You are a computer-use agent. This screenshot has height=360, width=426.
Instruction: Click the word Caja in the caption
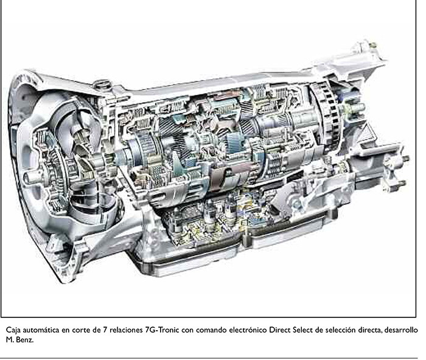(x=13, y=330)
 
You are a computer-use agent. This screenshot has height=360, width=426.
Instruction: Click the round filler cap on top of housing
(x=102, y=85)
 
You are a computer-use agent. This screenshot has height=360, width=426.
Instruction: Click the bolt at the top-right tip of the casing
(x=372, y=44)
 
